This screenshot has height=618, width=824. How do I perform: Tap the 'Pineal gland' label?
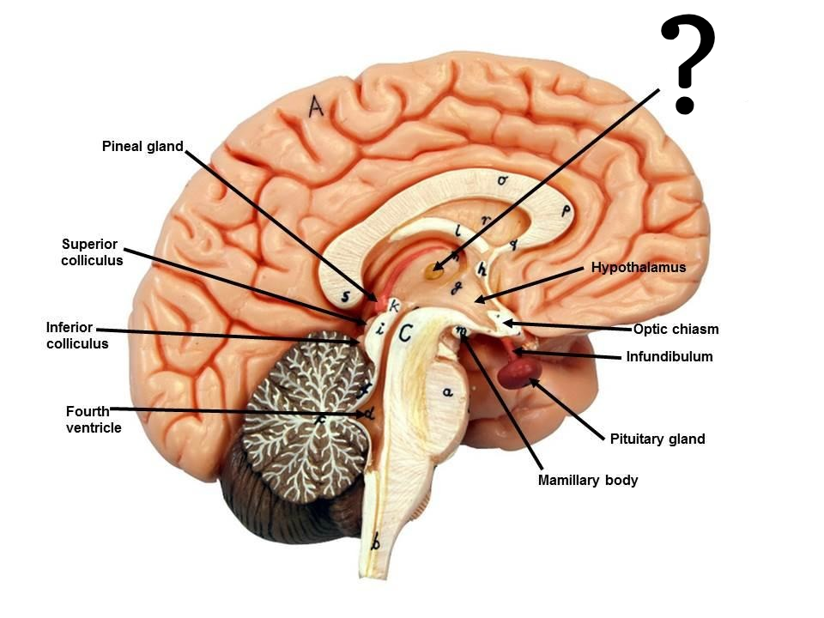coord(142,147)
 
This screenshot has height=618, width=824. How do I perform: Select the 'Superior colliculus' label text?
coord(92,252)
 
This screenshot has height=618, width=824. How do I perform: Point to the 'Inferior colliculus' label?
coord(77,336)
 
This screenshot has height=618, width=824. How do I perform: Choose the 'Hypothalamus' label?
coord(639,268)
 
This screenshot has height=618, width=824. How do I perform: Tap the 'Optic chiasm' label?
coord(676,329)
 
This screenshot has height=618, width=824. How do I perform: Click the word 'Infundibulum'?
coord(669,356)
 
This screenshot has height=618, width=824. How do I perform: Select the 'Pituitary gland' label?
coord(657,439)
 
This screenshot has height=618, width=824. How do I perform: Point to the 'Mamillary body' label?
coord(588,481)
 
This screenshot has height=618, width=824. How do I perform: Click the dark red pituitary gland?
coord(519,371)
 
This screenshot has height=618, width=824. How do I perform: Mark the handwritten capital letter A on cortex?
coord(316,106)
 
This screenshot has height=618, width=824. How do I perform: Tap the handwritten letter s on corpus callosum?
coord(345,297)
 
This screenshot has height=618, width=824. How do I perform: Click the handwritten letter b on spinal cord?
coord(373,542)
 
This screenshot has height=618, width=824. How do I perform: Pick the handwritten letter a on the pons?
coord(446,392)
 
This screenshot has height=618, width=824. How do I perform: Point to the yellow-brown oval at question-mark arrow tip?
coord(434,275)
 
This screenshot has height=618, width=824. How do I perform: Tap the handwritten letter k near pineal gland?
coord(395,306)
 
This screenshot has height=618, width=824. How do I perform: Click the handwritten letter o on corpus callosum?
coord(502,180)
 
